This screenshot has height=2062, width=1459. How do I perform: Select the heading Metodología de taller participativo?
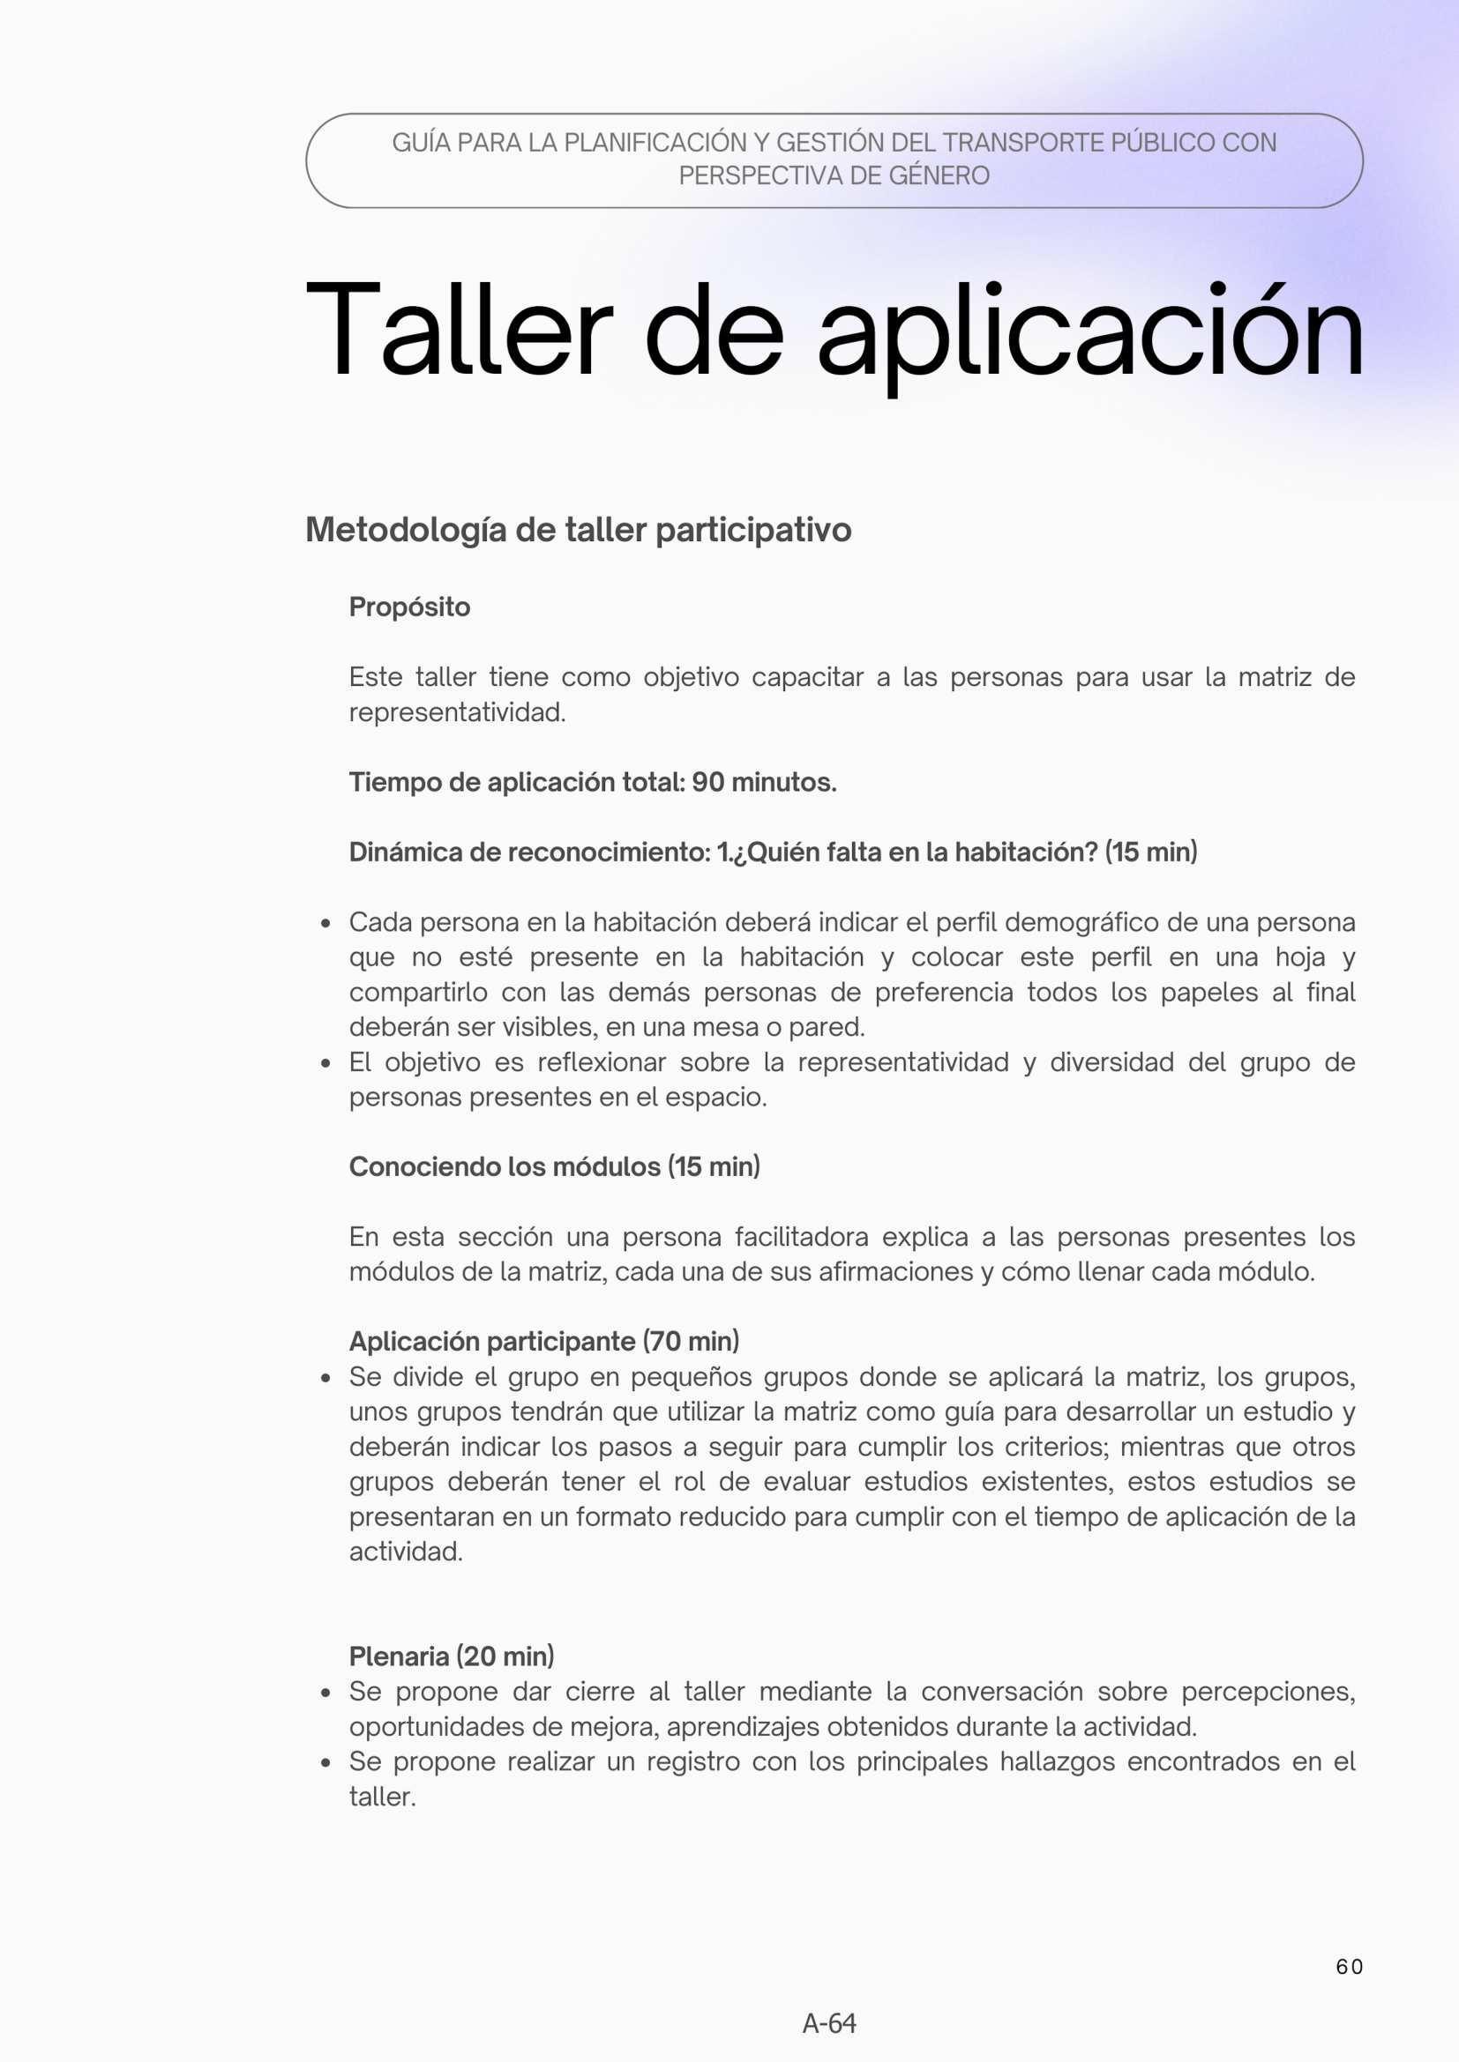point(578,530)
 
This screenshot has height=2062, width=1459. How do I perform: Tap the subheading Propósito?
point(408,607)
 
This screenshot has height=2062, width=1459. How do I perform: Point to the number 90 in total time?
point(708,782)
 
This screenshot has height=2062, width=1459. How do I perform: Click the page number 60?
point(1349,1967)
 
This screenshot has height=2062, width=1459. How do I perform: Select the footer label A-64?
point(829,2023)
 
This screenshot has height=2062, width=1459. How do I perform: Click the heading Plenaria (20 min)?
point(451,1656)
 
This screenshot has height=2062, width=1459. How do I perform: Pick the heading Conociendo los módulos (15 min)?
point(554,1166)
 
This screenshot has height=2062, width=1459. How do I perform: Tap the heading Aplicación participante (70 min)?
point(543,1341)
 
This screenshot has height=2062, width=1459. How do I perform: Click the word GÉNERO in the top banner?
point(939,175)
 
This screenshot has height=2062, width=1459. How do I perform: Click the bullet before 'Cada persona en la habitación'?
point(326,923)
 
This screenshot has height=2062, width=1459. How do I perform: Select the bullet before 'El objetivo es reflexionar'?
point(326,1063)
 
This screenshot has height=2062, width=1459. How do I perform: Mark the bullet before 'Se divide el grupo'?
point(326,1378)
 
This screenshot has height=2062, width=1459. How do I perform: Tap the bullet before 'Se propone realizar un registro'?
point(326,1762)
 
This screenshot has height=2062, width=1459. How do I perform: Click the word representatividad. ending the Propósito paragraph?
point(457,712)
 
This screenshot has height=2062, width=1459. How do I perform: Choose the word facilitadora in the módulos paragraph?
point(801,1237)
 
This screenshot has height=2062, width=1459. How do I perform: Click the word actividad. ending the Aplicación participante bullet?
point(405,1552)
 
